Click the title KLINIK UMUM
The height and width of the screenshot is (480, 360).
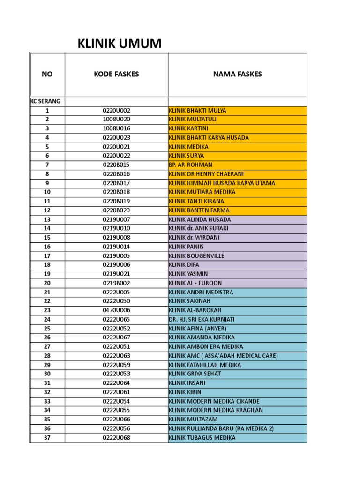point(119,44)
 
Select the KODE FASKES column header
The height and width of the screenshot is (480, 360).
point(116,74)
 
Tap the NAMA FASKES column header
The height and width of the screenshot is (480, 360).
point(237,74)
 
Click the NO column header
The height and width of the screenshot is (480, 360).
point(47,74)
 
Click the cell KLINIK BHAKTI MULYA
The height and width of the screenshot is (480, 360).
point(197,111)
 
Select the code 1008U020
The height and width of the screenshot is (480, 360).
point(116,120)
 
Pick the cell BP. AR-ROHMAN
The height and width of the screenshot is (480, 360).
point(190,165)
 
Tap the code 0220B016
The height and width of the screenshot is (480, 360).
point(116,174)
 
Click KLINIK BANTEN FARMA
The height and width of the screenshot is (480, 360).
point(199,210)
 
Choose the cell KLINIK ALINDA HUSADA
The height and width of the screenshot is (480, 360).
point(200,219)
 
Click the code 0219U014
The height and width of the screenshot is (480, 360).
point(116,247)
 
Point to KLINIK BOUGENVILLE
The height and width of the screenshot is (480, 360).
point(196,256)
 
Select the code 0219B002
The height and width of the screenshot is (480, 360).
point(116,283)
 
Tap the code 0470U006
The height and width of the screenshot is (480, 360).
point(116,310)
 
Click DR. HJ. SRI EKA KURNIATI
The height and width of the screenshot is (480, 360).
point(202,319)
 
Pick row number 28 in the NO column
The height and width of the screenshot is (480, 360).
point(47,356)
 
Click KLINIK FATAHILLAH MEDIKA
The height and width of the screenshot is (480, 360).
point(205,365)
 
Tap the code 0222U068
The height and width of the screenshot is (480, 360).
point(116,438)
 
